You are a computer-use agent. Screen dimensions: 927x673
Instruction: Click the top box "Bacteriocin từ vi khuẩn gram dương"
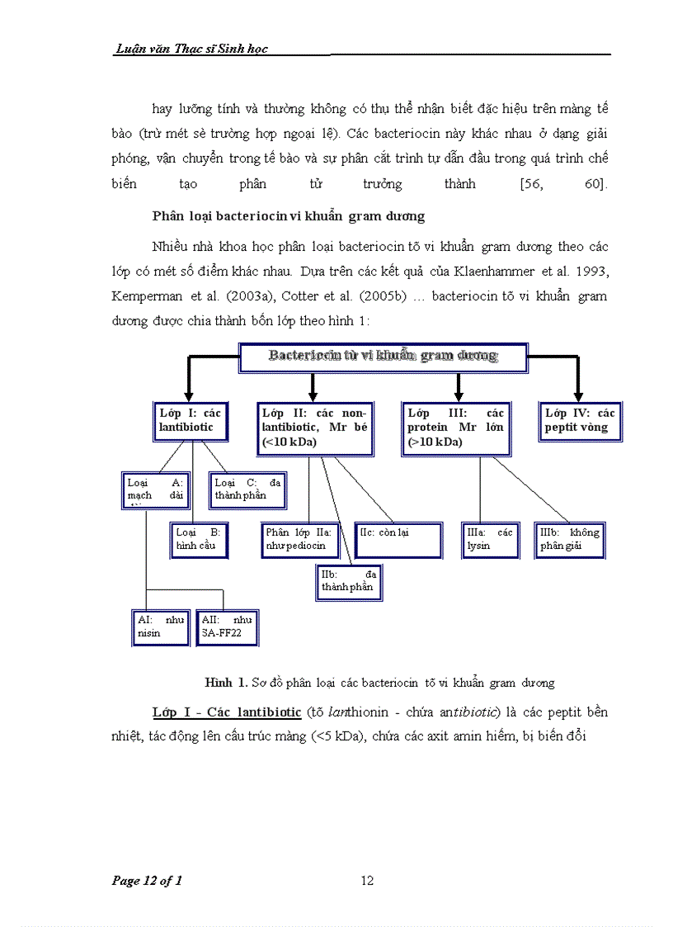pos(383,357)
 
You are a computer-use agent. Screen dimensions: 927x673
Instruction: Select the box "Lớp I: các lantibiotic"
pos(191,420)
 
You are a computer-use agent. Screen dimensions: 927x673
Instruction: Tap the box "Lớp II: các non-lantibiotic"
pos(313,428)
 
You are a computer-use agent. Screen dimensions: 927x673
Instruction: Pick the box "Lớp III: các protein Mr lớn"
pos(456,428)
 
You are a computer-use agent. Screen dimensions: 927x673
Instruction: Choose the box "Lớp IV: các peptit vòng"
pos(578,420)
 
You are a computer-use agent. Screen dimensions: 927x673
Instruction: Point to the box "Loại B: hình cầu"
pos(198,539)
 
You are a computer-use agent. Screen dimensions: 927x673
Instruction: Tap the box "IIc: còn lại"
pos(393,539)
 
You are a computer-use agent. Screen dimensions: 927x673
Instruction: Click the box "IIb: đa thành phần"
pos(348,581)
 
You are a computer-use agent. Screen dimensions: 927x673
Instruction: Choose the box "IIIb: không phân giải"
pos(569,539)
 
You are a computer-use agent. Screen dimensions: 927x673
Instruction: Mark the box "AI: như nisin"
pos(162,627)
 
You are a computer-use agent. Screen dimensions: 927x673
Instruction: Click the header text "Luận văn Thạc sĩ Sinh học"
pos(191,50)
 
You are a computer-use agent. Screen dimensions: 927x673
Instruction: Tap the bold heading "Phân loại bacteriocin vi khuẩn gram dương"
pos(288,216)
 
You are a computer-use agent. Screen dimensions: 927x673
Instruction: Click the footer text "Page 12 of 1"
pos(147,881)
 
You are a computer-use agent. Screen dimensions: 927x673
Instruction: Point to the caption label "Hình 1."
pos(225,683)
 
